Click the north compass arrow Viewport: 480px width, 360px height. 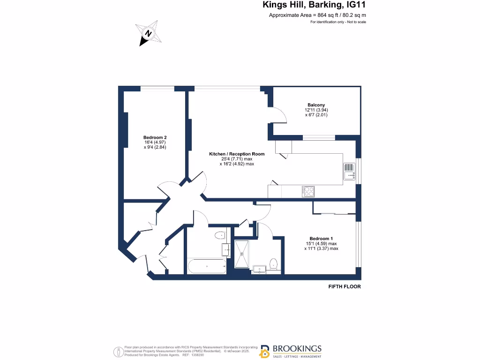click(x=148, y=34)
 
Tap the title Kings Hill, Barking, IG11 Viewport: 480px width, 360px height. click(x=314, y=6)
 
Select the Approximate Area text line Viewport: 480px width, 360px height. click(x=317, y=15)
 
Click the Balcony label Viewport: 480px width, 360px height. click(x=316, y=105)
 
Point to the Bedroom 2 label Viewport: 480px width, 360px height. click(x=155, y=137)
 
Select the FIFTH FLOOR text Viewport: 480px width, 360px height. click(x=345, y=286)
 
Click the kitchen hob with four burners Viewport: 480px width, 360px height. click(x=308, y=191)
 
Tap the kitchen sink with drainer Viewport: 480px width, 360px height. click(x=349, y=172)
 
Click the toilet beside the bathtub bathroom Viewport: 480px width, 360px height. click(x=219, y=235)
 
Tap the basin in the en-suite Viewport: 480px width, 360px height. click(x=259, y=269)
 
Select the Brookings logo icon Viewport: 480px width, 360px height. click(x=265, y=351)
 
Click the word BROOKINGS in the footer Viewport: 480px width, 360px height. click(x=298, y=348)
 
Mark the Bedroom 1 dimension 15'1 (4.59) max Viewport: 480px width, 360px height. click(x=321, y=243)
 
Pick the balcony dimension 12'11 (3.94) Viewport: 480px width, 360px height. click(x=316, y=110)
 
